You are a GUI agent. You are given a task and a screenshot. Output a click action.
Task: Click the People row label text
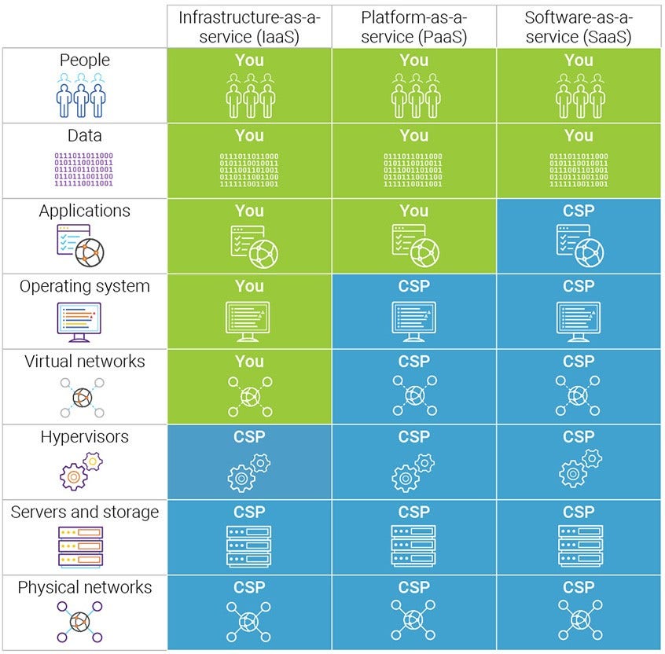(x=84, y=61)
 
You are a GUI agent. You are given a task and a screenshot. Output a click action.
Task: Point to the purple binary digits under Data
(x=84, y=170)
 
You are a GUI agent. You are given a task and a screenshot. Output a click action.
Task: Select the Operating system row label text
(x=84, y=286)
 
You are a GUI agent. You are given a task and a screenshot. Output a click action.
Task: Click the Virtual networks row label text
(x=84, y=362)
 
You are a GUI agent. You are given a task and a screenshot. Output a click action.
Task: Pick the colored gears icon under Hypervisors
(x=82, y=472)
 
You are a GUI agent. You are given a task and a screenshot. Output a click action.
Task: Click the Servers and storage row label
(x=84, y=513)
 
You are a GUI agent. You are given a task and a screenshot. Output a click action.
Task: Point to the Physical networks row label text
(x=84, y=588)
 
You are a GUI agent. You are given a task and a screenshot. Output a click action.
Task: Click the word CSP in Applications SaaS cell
(x=579, y=211)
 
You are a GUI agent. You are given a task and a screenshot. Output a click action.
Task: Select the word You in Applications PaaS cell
(x=414, y=211)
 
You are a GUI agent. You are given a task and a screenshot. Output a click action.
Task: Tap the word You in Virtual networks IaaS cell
(x=249, y=362)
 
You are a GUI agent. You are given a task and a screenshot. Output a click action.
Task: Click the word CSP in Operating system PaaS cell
(x=414, y=286)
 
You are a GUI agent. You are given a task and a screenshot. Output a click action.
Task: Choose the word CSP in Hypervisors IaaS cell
(x=249, y=437)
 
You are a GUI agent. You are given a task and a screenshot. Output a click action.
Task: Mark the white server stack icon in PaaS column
(x=414, y=546)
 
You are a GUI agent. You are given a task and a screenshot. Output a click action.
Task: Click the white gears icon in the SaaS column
(x=579, y=472)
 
